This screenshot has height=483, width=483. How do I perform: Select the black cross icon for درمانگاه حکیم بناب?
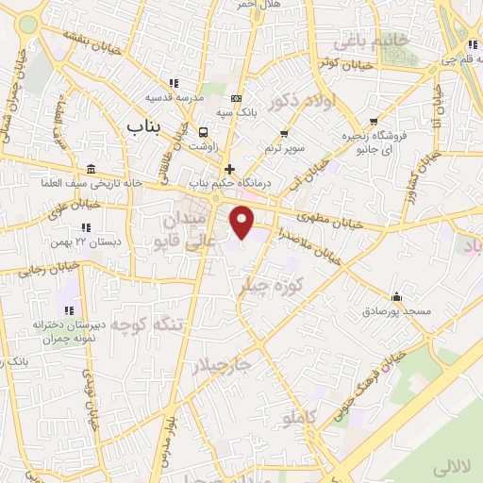(229, 169)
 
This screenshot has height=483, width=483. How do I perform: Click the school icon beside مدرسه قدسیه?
(171, 83)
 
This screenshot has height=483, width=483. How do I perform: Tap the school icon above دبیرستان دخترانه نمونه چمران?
(68, 309)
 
